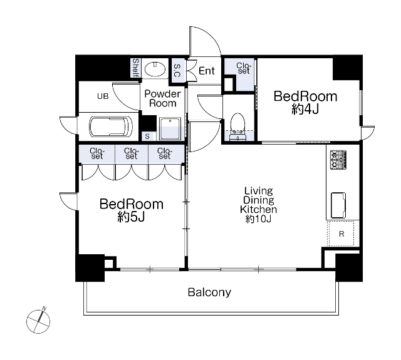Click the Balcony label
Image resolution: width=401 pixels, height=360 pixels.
pos(209,292)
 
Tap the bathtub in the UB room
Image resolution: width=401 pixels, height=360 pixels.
pos(111,127)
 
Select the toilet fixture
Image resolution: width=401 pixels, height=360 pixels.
pos(237,126)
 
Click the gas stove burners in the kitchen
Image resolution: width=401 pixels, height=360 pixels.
pos(338,160)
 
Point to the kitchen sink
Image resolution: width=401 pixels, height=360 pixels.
pos(338,205)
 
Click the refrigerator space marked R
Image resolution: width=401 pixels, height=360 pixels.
pos(341,234)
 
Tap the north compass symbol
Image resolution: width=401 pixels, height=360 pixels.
pos(38,321)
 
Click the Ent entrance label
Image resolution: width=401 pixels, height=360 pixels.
pos(207,71)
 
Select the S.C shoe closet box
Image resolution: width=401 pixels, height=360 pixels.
pos(177,70)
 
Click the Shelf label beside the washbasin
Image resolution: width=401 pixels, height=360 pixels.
pos(135,68)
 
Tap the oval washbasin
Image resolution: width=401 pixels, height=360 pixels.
pos(155,69)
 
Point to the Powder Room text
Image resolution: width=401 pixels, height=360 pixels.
pos(162,98)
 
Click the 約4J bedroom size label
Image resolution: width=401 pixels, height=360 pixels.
pos(305,110)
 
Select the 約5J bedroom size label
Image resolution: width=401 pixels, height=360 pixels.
pos(131,217)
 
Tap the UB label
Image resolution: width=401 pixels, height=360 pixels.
pos(103,96)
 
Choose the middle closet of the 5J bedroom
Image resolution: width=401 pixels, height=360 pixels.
pos(132,154)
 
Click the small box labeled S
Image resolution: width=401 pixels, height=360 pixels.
pos(147,136)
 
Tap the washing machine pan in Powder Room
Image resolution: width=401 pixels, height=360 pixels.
pos(170,128)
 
